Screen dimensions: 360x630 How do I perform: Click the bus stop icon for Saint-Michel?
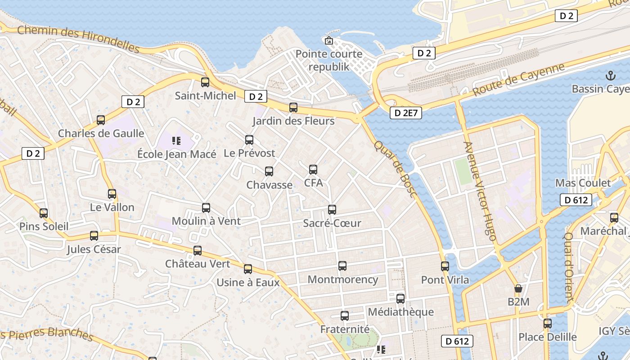pos(205,82)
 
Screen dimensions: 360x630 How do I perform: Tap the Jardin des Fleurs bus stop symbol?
pos(293,108)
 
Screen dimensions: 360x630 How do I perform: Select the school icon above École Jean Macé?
pos(176,141)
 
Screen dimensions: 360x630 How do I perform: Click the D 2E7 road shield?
pos(405,113)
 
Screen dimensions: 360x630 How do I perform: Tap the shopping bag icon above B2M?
pos(518,288)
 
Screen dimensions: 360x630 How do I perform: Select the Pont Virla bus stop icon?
pos(445,266)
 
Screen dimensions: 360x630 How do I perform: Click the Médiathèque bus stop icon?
pos(400,298)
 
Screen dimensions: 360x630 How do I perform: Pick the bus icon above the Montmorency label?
pos(342,266)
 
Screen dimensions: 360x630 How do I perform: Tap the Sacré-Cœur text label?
pos(332,223)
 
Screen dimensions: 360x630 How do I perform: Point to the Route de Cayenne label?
pos(518,80)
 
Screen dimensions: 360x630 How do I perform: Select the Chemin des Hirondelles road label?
pos(79,40)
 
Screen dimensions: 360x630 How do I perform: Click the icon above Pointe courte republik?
pos(329,40)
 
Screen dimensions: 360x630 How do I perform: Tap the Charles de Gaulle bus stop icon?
pos(101,120)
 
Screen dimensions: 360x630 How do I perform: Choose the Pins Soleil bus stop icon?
pos(44,213)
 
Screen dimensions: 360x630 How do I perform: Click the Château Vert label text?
pos(198,264)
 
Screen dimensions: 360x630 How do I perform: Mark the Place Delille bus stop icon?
pos(548,324)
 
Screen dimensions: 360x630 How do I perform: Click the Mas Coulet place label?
pos(583,183)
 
